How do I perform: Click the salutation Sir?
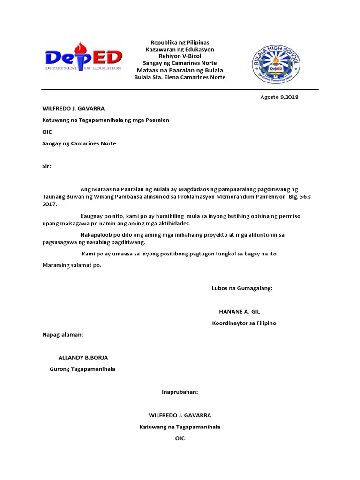pos(46,166)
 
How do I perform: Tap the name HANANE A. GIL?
pos(239,311)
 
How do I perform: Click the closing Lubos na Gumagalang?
pos(242,288)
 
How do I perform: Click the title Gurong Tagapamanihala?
pos(82,369)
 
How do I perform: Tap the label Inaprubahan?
pos(180,392)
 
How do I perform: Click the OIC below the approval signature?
pos(180,438)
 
